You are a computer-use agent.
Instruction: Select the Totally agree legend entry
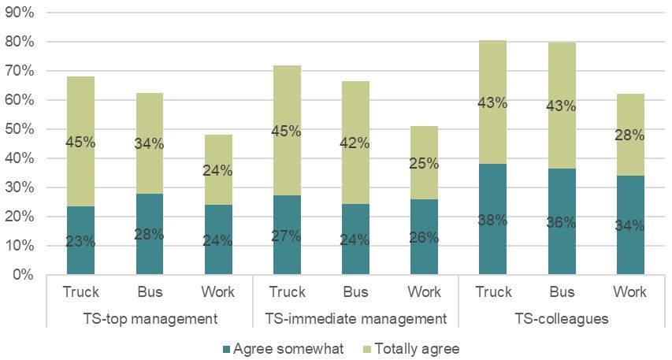tap(416, 348)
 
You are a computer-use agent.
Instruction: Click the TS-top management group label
tap(150, 319)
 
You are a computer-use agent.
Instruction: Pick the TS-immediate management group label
tap(355, 319)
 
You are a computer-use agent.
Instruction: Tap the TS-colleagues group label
tap(561, 319)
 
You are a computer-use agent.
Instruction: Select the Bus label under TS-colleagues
tap(562, 291)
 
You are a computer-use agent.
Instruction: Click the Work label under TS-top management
tap(218, 291)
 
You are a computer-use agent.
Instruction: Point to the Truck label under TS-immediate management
tap(287, 291)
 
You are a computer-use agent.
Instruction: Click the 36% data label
tap(562, 223)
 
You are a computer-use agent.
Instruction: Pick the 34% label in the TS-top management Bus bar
tap(149, 143)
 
